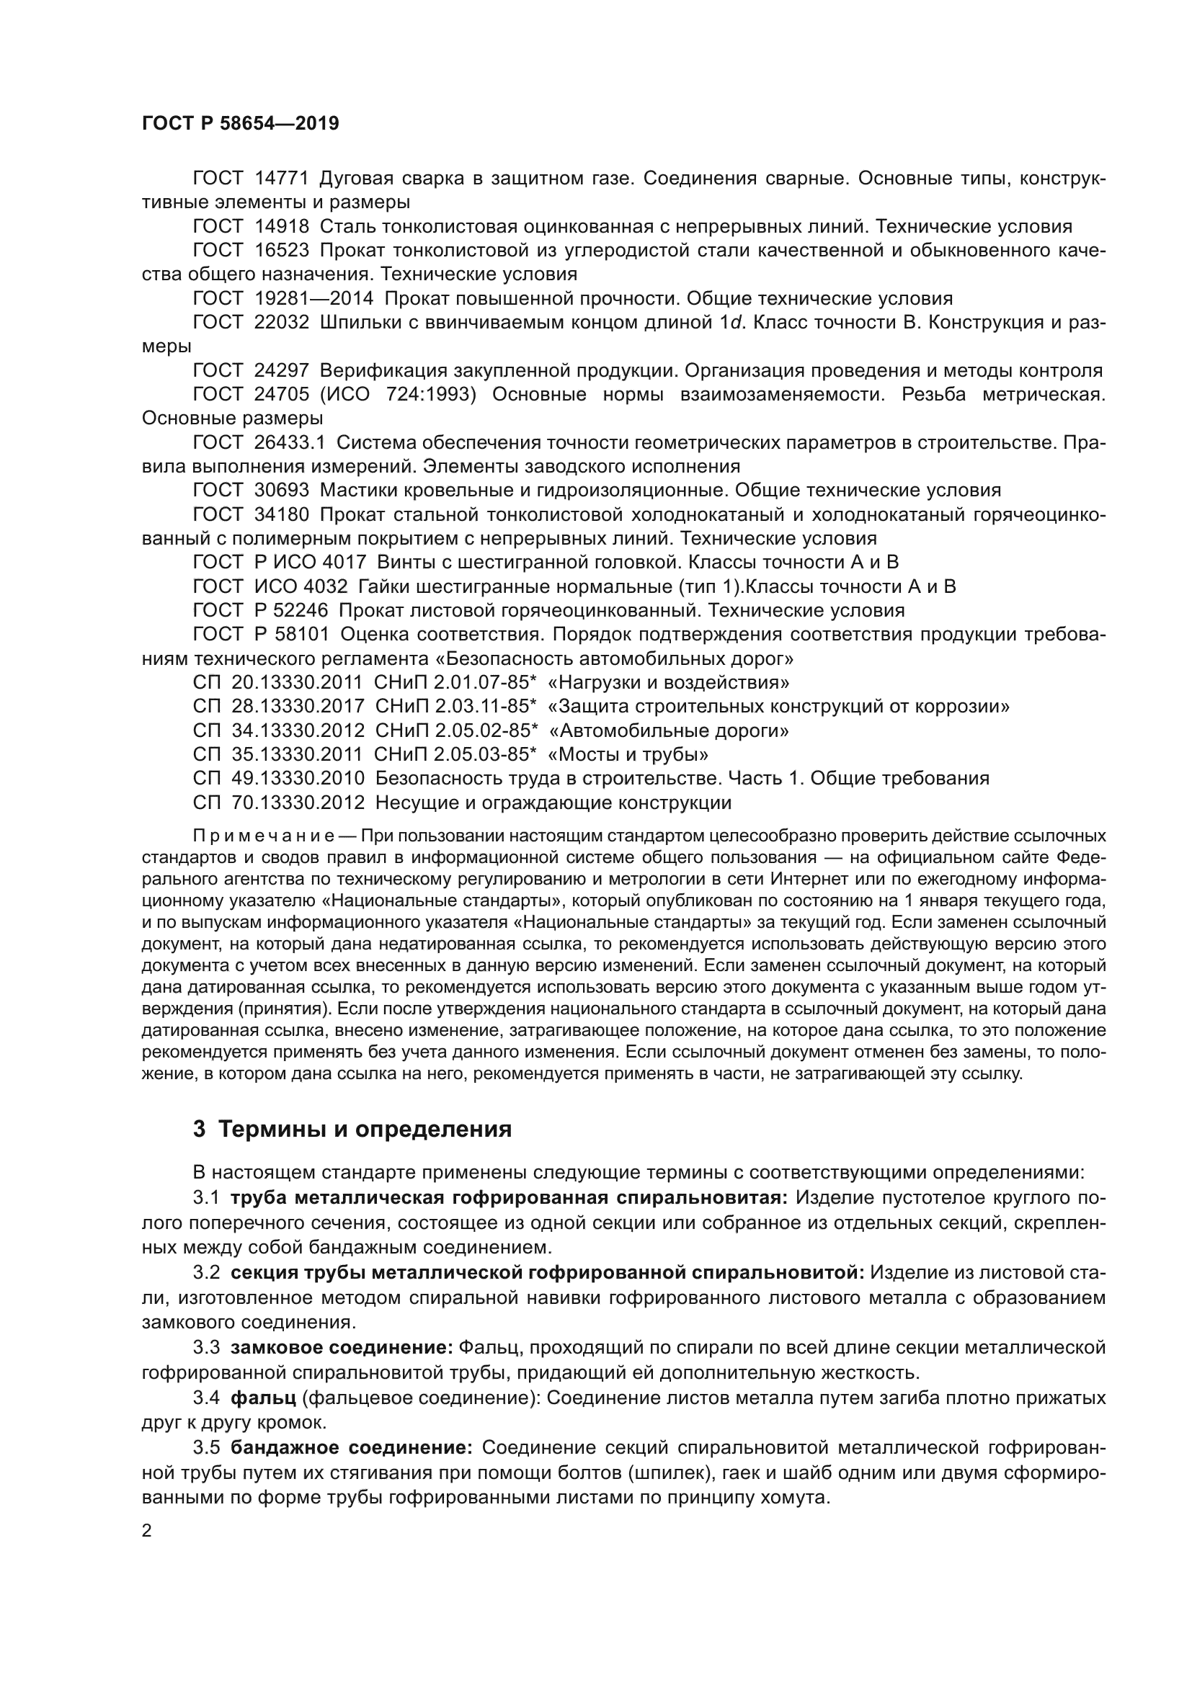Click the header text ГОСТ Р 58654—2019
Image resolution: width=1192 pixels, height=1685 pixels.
[x=240, y=123]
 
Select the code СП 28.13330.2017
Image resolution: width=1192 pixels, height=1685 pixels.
[x=278, y=707]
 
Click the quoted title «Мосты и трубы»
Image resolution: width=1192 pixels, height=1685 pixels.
[x=628, y=754]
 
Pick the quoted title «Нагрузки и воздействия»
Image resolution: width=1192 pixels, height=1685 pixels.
[x=669, y=682]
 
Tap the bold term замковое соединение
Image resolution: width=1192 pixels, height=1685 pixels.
[x=342, y=1348]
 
